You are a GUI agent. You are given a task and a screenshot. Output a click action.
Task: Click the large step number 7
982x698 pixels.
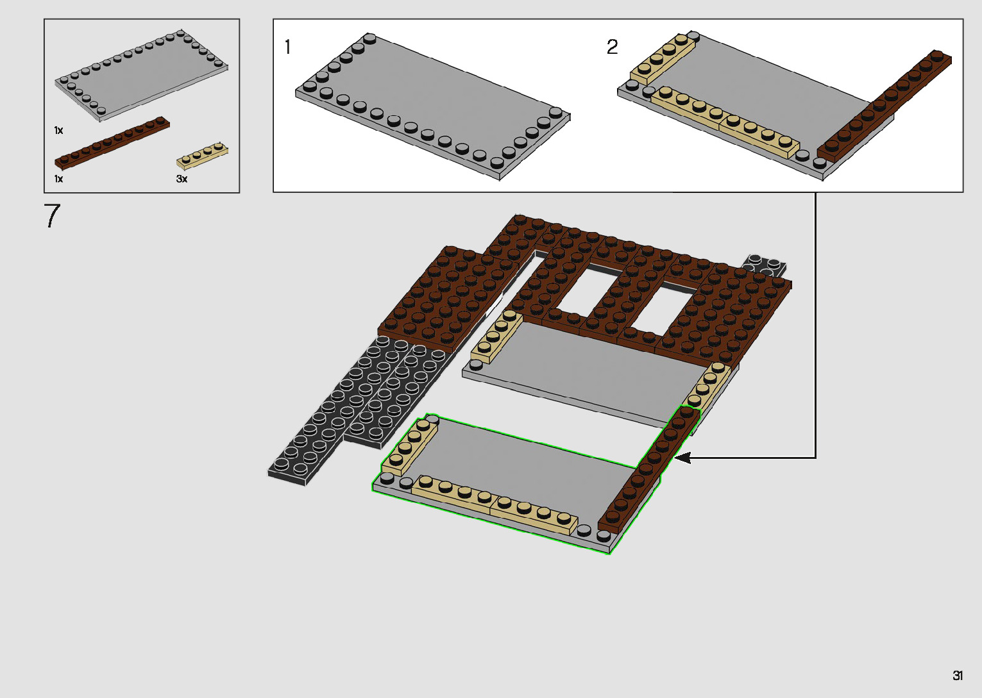tap(52, 215)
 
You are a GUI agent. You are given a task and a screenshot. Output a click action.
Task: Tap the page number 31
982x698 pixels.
tap(958, 675)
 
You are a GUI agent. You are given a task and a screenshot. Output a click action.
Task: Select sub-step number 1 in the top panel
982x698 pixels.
tap(287, 47)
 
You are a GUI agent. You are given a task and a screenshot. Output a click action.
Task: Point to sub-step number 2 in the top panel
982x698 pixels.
tap(612, 47)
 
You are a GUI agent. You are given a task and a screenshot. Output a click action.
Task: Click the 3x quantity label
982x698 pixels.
tap(182, 179)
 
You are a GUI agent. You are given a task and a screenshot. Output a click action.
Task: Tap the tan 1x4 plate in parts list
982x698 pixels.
tap(202, 156)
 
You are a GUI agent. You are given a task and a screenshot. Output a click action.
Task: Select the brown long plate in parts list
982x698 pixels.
tap(112, 142)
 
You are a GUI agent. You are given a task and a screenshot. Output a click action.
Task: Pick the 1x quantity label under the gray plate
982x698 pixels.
tap(59, 130)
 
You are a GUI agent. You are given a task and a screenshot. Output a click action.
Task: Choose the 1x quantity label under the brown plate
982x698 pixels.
tap(59, 179)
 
